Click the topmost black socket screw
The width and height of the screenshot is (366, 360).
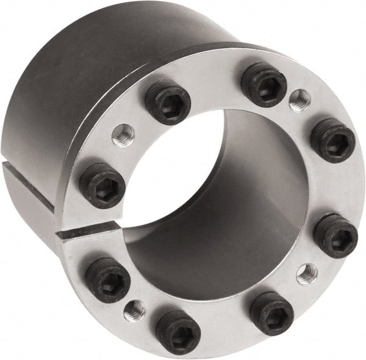[x=264, y=84]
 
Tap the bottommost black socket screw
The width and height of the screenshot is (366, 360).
[x=178, y=331]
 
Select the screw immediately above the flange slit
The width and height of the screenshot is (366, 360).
[x=102, y=185]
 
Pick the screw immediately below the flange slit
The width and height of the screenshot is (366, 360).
[x=107, y=279]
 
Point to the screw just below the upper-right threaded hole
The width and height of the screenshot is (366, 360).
[x=332, y=140]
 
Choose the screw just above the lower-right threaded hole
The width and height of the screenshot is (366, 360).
[x=335, y=236]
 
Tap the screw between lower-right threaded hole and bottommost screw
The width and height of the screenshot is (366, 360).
[x=271, y=312]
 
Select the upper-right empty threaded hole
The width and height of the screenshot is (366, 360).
[x=300, y=100]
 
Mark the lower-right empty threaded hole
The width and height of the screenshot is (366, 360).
[x=307, y=273]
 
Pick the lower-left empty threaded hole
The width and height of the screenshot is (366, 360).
[x=134, y=310]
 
